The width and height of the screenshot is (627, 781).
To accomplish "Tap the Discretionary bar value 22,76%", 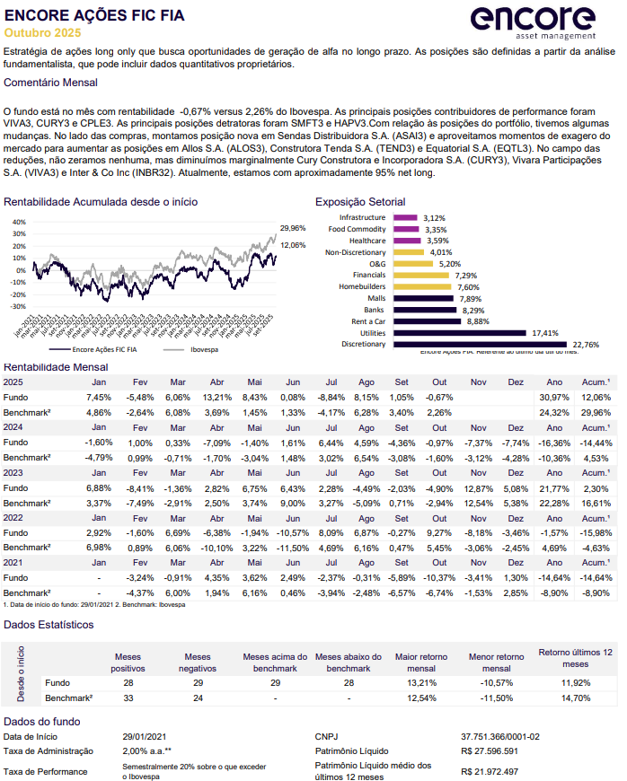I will point(586,345).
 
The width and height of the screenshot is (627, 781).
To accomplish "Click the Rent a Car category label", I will point(368,321).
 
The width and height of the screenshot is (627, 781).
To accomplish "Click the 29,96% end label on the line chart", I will point(293,229).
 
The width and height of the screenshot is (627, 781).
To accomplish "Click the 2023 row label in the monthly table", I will point(13,472).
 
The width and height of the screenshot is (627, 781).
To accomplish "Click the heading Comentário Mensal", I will point(51,82).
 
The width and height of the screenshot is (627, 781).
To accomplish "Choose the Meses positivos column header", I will point(128,663).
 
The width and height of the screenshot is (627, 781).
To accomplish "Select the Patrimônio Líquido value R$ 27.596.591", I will point(490,750).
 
